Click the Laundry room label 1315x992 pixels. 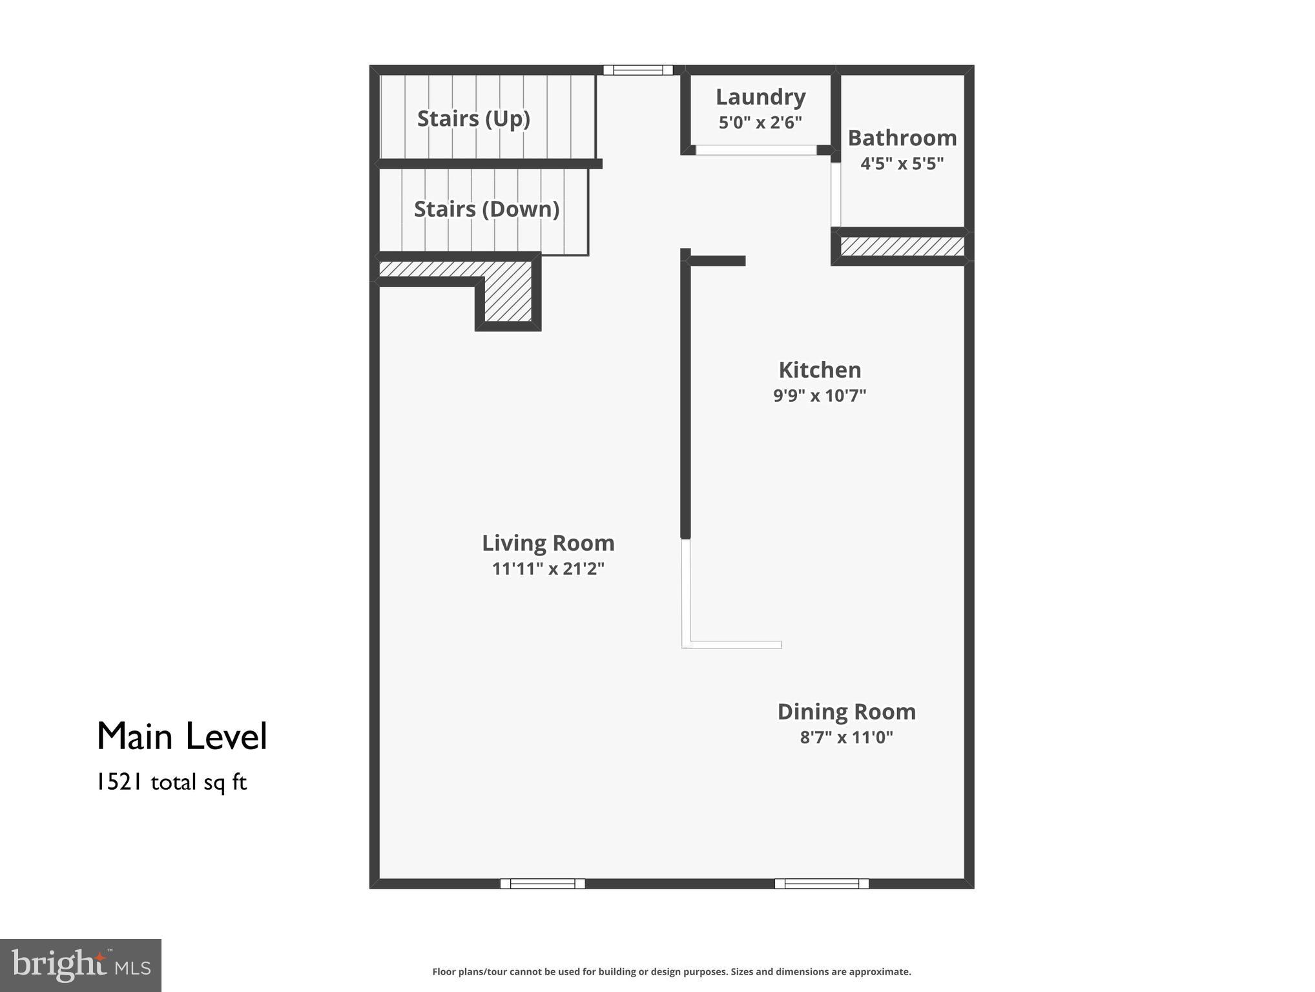[x=760, y=97]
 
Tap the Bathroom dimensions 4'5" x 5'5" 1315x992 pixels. [x=902, y=163]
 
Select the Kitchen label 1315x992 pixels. [x=820, y=370]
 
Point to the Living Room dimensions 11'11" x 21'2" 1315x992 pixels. [x=548, y=569]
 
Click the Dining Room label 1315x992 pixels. [x=846, y=712]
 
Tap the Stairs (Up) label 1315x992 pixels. [x=473, y=119]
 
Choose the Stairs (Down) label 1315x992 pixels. [x=486, y=209]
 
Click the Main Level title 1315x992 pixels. [x=181, y=736]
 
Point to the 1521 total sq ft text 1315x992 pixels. [x=171, y=783]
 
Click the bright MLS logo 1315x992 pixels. [x=81, y=965]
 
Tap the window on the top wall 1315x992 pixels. [x=637, y=70]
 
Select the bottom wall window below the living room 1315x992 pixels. [x=543, y=883]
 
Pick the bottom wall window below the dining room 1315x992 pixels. [x=821, y=883]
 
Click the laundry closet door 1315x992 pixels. [x=756, y=150]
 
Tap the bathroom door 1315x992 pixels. [x=835, y=194]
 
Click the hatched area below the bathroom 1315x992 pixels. [x=902, y=246]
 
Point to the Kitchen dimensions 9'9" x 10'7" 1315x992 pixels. [x=820, y=395]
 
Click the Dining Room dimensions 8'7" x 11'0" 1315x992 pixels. [x=846, y=737]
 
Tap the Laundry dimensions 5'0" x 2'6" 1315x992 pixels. [x=760, y=122]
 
